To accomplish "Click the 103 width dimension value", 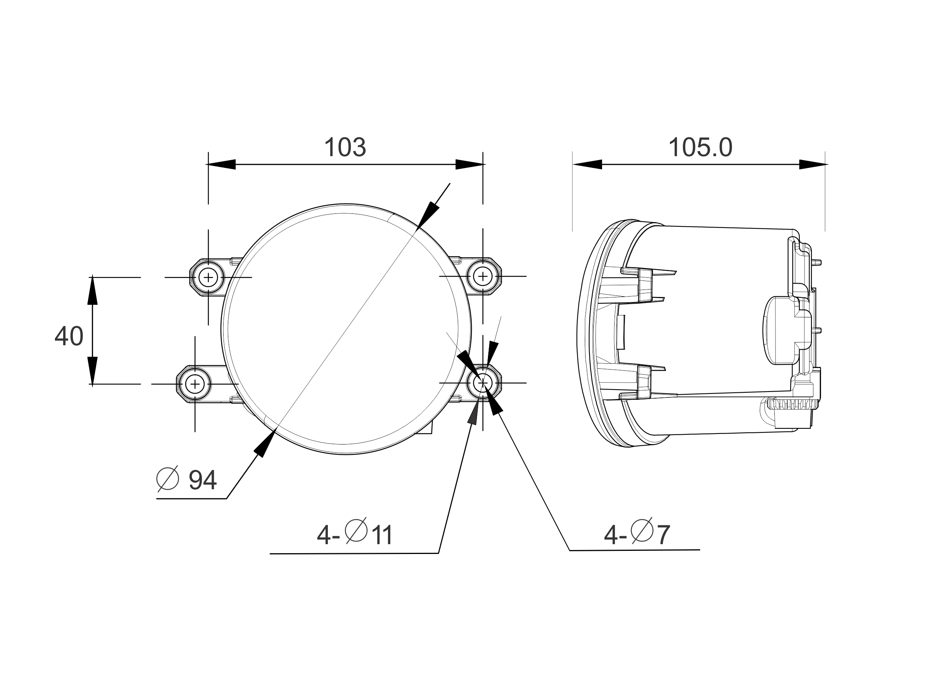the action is (345, 147).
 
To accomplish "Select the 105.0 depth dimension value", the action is (700, 148).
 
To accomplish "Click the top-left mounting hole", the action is (209, 277).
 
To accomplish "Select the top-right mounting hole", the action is (483, 276).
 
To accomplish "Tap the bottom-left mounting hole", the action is (195, 384).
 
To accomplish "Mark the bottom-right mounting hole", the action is (483, 383).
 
